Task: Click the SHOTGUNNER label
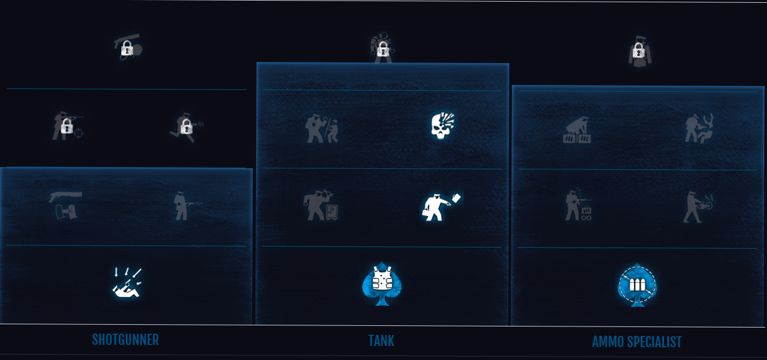[x=125, y=339]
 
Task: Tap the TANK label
[x=381, y=340]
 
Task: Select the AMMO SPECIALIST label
[x=637, y=342]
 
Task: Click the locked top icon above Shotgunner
[x=127, y=48]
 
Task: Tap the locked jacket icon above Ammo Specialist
[x=638, y=53]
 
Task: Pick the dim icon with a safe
[x=321, y=206]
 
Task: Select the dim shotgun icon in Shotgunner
[x=65, y=205]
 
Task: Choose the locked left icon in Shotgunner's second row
[x=67, y=127]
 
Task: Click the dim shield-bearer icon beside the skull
[x=321, y=129]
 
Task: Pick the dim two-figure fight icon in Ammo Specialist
[x=698, y=128]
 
